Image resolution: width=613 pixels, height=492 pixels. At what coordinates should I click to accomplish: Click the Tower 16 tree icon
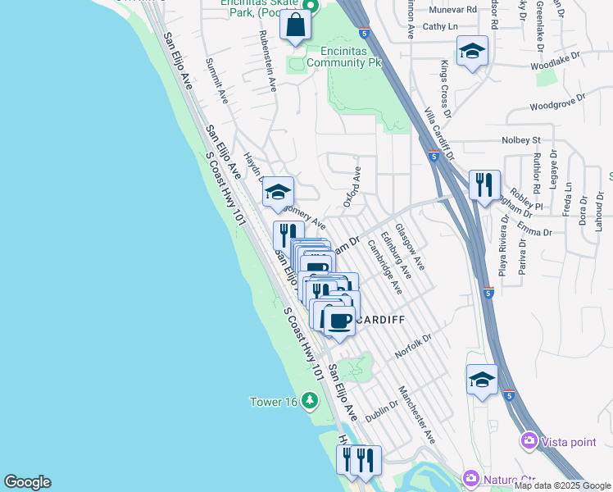point(310,401)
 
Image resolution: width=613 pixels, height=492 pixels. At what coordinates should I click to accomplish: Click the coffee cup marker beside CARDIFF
point(338,320)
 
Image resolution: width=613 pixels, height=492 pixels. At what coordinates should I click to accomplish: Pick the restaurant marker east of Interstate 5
point(484,184)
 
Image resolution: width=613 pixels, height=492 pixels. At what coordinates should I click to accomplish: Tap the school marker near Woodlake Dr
point(472,51)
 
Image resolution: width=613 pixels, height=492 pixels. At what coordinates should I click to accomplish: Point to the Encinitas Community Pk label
point(352,61)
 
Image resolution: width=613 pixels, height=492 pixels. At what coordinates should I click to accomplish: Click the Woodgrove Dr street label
point(557,103)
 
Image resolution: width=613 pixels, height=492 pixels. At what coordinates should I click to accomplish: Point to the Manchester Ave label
point(416,414)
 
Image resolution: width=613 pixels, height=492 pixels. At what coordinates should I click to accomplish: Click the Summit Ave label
point(217,80)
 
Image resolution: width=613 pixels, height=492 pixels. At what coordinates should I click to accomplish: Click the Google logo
point(27,482)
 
